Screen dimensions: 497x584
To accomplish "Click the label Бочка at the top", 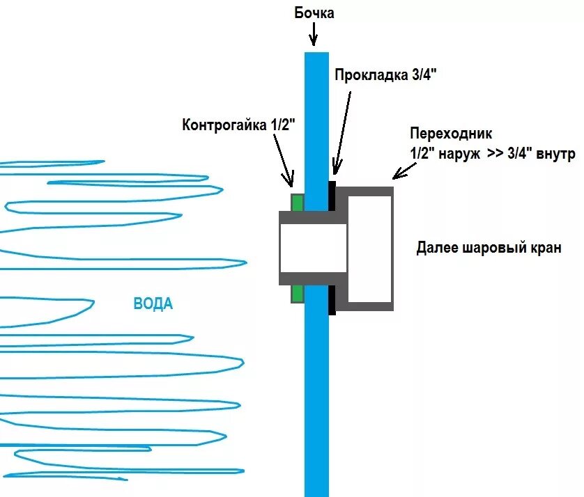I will coord(314,13).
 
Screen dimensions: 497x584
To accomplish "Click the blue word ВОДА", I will coord(153,304).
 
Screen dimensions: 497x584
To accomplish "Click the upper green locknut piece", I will coord(297,203).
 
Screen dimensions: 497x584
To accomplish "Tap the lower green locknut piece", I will coord(297,293).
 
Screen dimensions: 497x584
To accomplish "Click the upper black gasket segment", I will coord(332,197).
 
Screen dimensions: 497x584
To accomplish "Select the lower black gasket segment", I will coord(332,299).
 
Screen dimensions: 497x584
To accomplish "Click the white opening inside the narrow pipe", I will coord(313,248).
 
